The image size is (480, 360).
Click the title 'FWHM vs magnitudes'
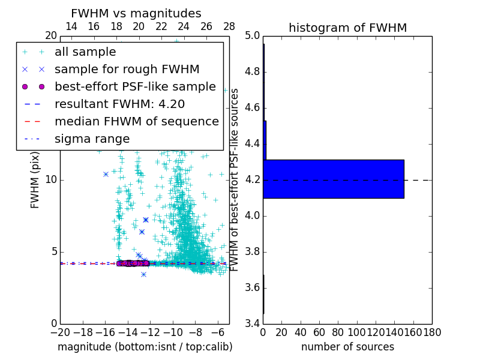[x=136, y=13]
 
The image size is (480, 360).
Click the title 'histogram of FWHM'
[x=347, y=28]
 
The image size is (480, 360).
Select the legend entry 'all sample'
[x=85, y=52]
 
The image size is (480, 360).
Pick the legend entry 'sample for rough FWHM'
[x=127, y=69]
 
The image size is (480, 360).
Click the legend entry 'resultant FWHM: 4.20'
[x=123, y=104]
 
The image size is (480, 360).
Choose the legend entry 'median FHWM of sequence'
[x=137, y=121]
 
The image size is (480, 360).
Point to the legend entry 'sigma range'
[x=92, y=139]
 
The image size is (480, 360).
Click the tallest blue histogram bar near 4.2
[x=334, y=179]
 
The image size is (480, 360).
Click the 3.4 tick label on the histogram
[x=253, y=324]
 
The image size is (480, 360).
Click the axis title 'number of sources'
[x=347, y=347]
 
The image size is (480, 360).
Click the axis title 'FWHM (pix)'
[x=35, y=180]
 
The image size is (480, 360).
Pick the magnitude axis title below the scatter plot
[x=145, y=347]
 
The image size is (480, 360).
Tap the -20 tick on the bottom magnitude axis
[x=60, y=332]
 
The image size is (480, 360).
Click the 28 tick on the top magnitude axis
[x=229, y=26]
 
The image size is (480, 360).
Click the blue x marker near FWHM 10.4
[x=106, y=174]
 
